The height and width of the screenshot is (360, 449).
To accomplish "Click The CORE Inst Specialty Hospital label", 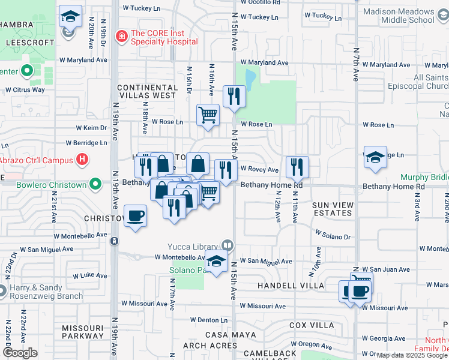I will tap(164, 37).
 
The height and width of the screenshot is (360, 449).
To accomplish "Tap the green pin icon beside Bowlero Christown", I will tap(95, 185).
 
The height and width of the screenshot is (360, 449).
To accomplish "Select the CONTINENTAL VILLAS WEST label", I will tap(147, 91).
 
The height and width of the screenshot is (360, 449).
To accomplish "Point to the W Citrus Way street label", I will tap(25, 89).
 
